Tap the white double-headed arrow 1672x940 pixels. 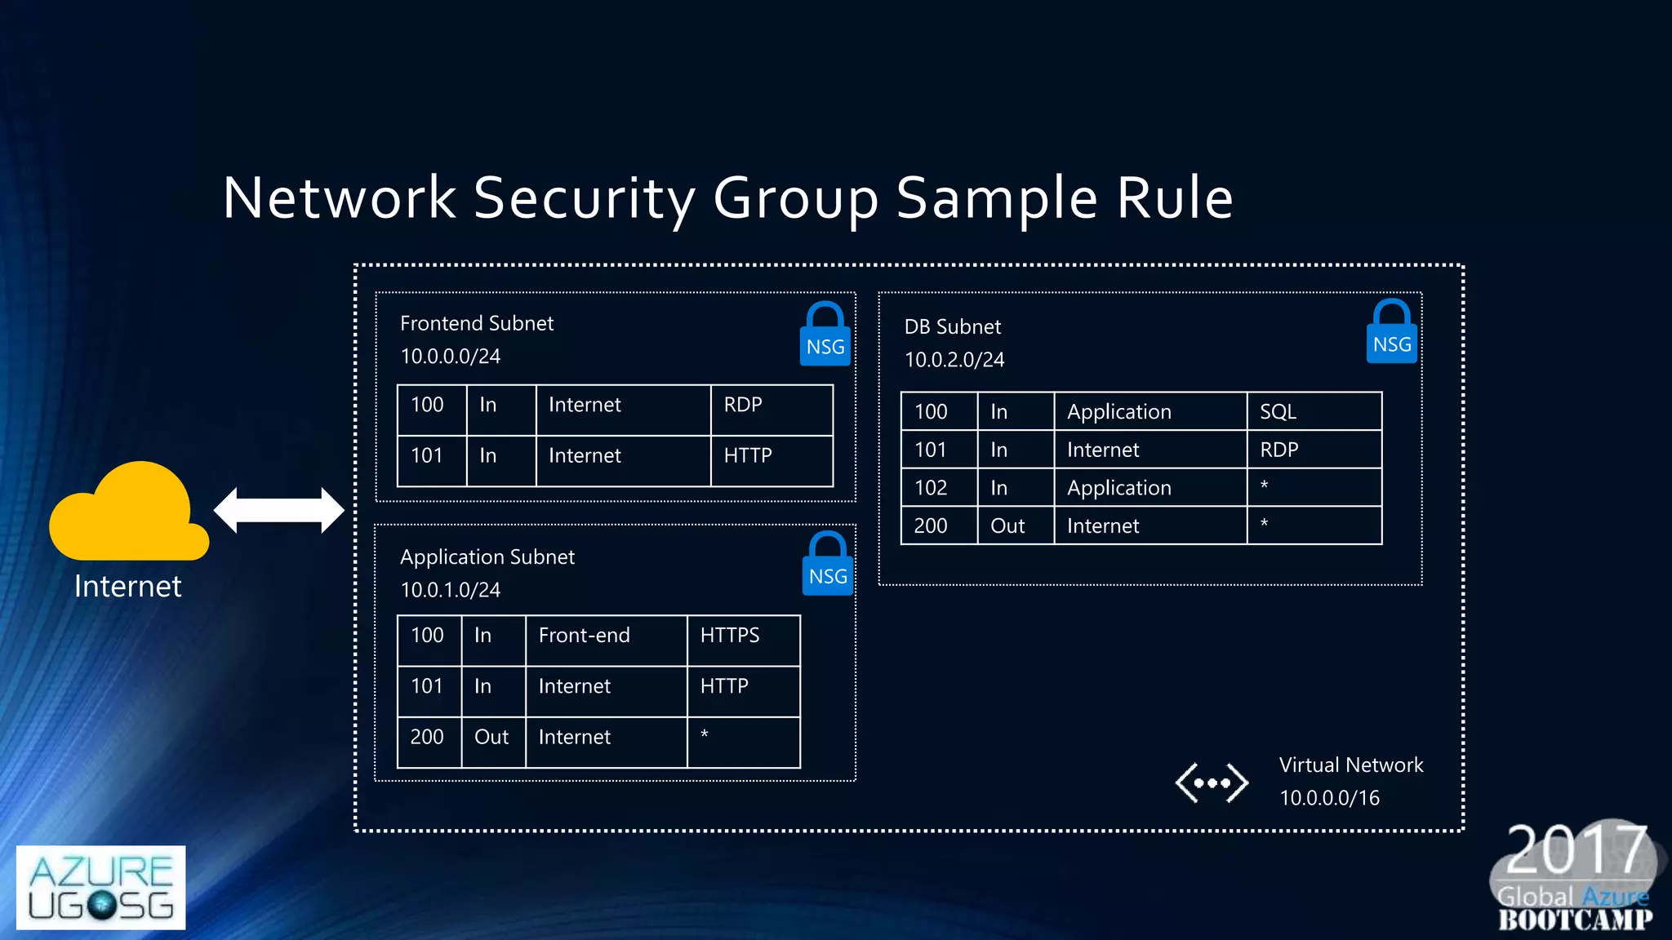[278, 511]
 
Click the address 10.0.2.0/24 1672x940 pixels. [954, 360]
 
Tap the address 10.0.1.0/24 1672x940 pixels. [451, 590]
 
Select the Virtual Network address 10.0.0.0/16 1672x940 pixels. [1329, 798]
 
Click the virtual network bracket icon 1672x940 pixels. [1212, 783]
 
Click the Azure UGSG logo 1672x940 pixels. [101, 888]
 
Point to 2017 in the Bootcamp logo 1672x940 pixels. [1575, 850]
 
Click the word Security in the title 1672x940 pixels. [584, 198]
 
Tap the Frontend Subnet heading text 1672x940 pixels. [477, 324]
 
